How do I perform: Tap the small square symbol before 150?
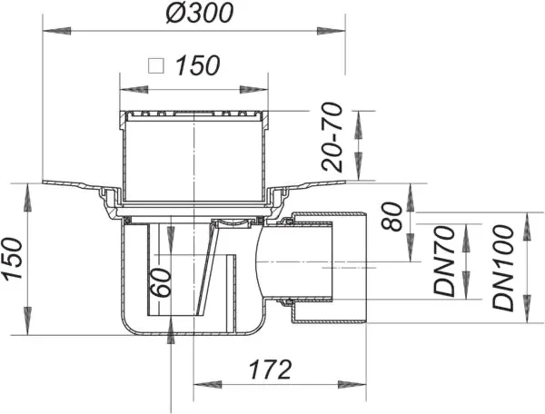155,66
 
